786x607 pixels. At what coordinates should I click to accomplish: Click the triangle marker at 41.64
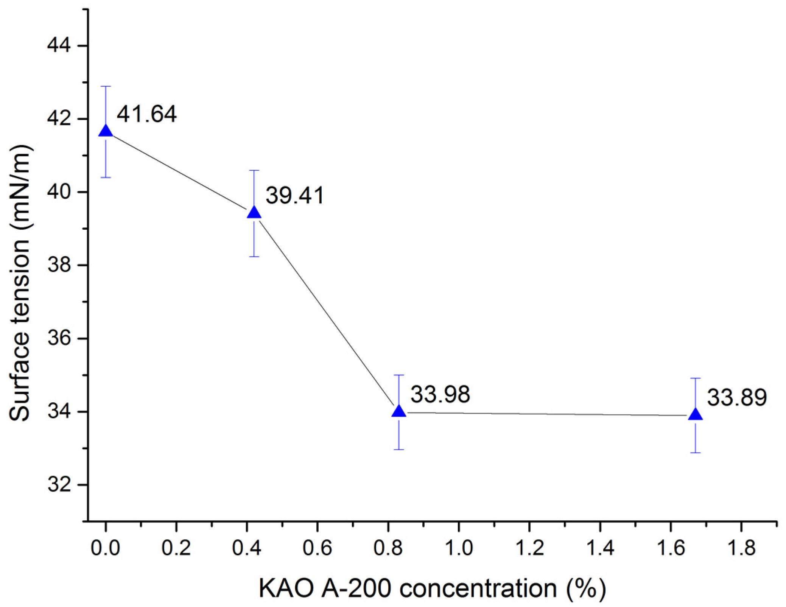[106, 131]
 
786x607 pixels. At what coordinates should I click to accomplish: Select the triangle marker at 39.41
[254, 213]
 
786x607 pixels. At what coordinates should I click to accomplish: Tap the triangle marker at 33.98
[399, 411]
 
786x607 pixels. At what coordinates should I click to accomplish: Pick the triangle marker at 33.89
[696, 415]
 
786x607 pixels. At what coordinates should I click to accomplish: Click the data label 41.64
[146, 114]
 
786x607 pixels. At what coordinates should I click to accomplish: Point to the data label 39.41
[294, 196]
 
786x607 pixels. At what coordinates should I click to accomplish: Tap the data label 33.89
[737, 398]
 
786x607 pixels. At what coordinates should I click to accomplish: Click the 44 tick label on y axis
[59, 46]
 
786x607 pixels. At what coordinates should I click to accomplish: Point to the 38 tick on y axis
[59, 265]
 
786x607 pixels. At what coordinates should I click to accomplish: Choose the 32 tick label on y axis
[59, 485]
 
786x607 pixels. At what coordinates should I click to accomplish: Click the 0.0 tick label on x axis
[106, 548]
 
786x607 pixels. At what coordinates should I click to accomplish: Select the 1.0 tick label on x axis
[458, 548]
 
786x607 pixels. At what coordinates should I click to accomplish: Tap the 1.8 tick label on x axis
[741, 548]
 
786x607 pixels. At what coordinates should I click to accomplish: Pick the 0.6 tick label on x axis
[317, 548]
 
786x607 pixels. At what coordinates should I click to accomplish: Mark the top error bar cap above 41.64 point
[106, 86]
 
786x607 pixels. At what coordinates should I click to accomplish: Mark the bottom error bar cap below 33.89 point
[696, 453]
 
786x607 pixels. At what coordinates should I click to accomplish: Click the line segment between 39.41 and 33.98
[326, 312]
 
